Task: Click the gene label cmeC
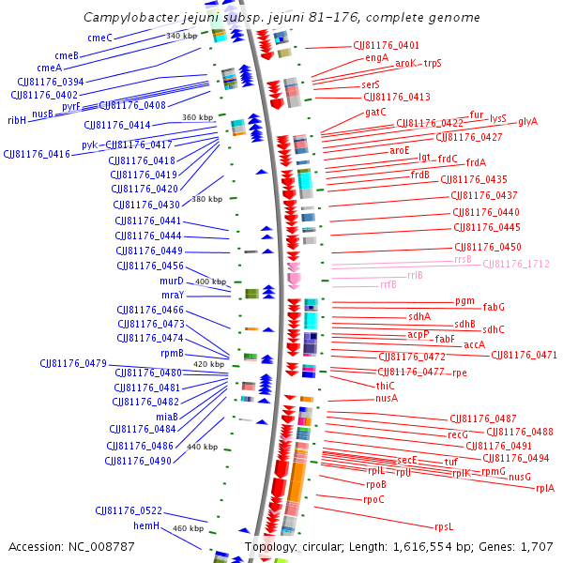99,38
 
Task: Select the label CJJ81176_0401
386,45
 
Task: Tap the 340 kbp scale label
181,36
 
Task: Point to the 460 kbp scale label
189,529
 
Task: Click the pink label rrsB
463,259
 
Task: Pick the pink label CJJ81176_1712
516,264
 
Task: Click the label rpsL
444,526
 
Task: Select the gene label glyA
527,122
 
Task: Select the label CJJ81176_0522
129,510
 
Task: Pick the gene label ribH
17,120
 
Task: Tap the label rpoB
375,484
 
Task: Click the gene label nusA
387,398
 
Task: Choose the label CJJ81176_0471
524,355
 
